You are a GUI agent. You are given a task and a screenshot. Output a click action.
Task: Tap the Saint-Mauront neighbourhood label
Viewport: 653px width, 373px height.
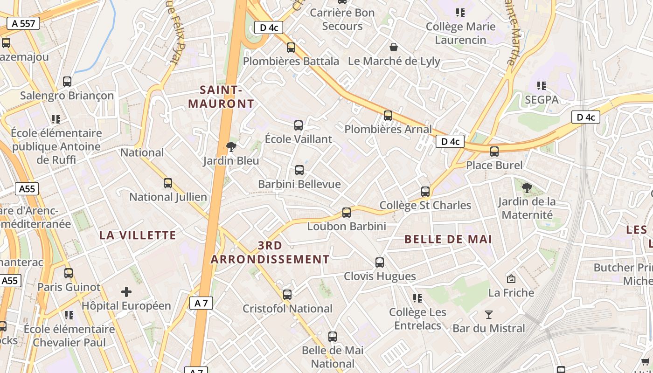(x=221, y=97)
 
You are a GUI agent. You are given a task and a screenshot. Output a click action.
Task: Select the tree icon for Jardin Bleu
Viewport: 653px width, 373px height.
(x=231, y=147)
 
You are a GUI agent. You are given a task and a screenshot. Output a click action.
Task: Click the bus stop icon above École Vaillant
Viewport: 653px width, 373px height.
(x=299, y=125)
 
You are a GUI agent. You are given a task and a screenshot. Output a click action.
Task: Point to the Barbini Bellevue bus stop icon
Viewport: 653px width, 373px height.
(x=299, y=170)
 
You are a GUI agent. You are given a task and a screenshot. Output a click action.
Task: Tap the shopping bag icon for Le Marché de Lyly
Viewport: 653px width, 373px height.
(x=394, y=47)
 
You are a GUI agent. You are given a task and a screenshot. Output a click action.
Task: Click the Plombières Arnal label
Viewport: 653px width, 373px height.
(x=388, y=129)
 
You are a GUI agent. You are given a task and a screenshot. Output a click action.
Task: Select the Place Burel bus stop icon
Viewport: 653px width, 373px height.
(x=494, y=152)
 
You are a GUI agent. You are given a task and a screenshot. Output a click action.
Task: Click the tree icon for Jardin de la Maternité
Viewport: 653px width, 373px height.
(x=527, y=188)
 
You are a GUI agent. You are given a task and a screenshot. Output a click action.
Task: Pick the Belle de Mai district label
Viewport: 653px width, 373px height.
(x=448, y=239)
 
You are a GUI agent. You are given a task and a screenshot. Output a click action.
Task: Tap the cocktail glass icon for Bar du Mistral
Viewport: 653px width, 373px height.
(x=489, y=315)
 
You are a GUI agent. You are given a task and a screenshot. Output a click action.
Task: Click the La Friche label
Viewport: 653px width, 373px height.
(x=511, y=293)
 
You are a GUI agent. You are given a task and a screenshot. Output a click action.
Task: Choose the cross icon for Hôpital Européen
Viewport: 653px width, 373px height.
(x=126, y=292)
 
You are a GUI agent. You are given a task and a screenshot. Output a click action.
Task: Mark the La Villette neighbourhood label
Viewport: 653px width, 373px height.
(x=138, y=235)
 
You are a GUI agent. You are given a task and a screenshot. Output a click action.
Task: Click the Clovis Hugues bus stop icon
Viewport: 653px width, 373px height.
(x=380, y=262)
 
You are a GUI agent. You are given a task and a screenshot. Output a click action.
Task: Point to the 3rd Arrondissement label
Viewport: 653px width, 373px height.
(x=270, y=252)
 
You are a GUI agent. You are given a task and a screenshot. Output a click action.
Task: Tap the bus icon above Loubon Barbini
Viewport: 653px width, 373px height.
(x=347, y=213)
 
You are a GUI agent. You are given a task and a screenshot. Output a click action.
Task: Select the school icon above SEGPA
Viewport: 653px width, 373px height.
(x=541, y=86)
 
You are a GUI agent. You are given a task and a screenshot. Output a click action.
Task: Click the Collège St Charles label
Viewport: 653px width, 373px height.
(x=425, y=205)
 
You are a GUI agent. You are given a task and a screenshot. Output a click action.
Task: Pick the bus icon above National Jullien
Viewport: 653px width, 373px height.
(x=168, y=183)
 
